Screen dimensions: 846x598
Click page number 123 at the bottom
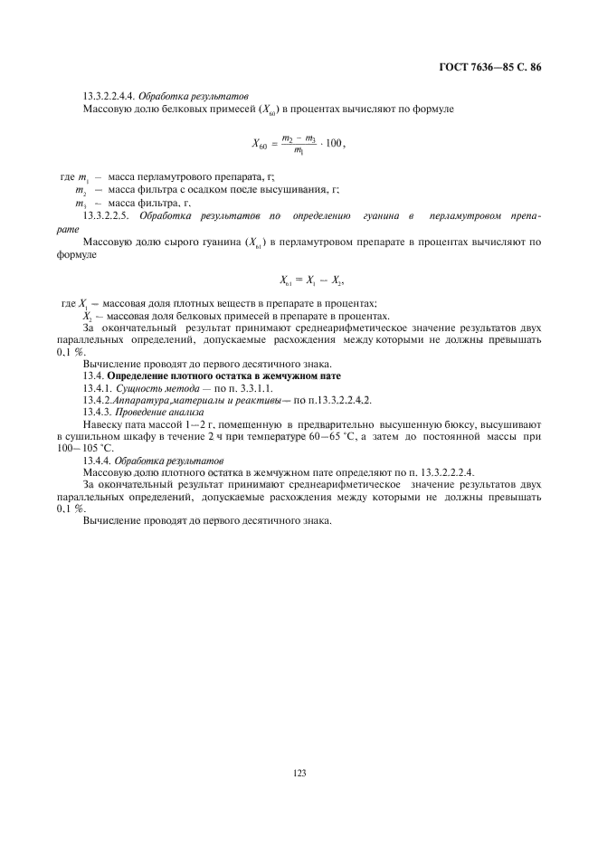point(299,773)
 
